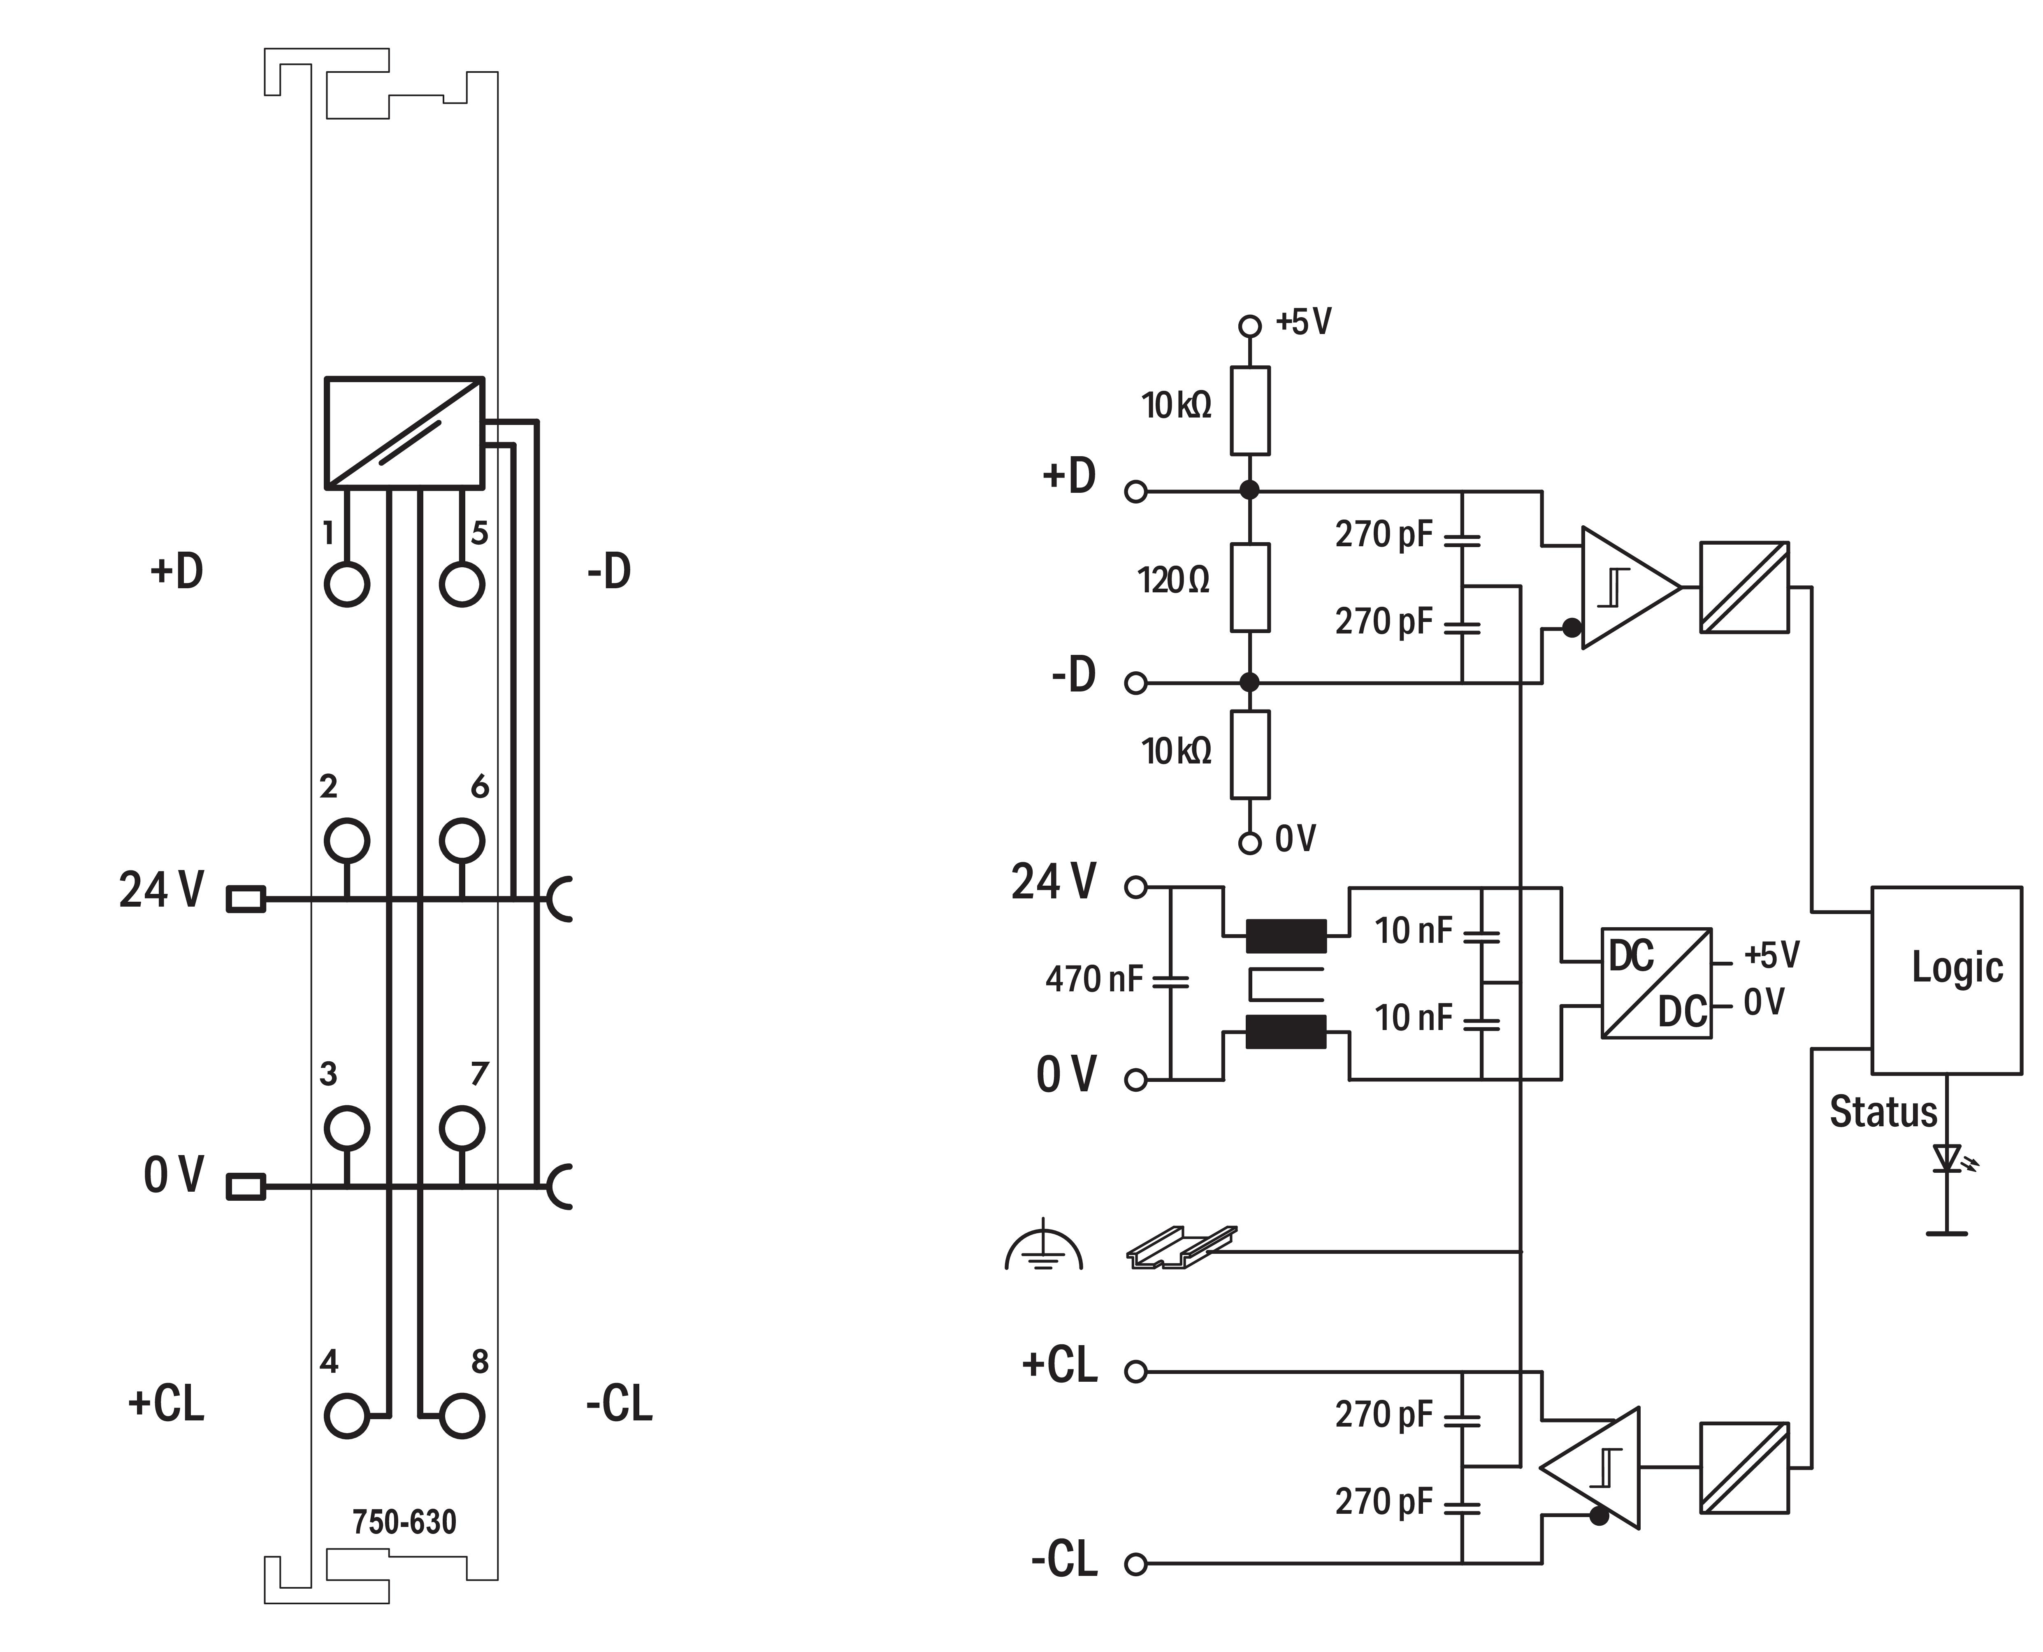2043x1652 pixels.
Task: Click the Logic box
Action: (x=1946, y=980)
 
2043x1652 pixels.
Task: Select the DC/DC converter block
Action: (x=1656, y=983)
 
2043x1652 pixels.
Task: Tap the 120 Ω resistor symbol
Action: (x=1249, y=587)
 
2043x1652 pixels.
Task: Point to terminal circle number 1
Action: (x=346, y=584)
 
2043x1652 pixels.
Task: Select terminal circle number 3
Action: (x=346, y=1129)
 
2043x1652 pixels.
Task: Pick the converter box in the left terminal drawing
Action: (x=404, y=433)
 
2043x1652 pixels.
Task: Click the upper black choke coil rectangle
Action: (x=1286, y=935)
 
